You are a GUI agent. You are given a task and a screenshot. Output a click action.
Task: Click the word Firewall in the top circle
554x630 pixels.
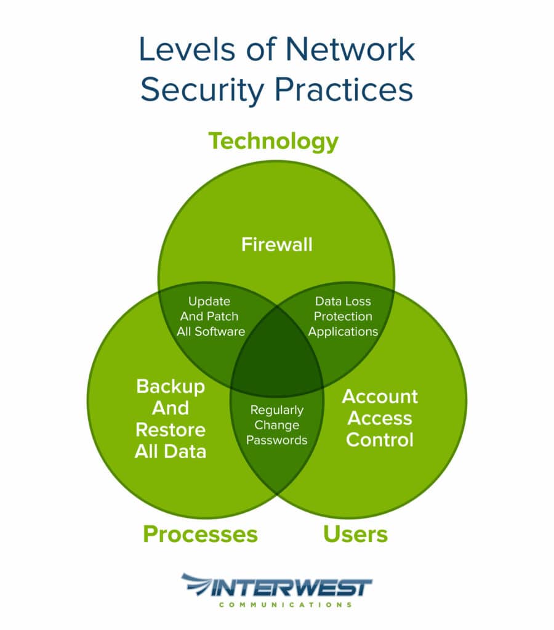[276, 244]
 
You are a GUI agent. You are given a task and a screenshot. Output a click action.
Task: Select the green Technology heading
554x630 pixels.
[273, 141]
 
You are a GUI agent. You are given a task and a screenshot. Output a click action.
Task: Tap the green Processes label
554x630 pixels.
[200, 533]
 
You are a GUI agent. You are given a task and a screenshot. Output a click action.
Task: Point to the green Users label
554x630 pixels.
[355, 533]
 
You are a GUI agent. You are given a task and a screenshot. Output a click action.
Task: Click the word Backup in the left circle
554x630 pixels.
[171, 387]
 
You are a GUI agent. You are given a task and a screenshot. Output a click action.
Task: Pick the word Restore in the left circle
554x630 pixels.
[171, 429]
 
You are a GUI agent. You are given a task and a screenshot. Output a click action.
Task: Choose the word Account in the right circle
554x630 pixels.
[380, 397]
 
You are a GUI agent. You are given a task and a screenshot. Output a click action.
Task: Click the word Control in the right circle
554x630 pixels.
[379, 440]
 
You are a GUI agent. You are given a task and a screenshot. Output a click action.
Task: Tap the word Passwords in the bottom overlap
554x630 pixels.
[277, 440]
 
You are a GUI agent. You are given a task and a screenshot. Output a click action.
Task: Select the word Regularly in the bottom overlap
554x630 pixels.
[277, 410]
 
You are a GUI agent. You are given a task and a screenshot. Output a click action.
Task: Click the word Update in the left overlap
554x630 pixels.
[209, 302]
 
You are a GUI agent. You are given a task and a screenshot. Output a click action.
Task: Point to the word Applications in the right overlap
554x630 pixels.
[343, 331]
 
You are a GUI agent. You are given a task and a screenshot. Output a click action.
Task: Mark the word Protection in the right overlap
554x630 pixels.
[343, 317]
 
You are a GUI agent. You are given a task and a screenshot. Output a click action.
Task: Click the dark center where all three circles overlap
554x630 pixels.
[276, 363]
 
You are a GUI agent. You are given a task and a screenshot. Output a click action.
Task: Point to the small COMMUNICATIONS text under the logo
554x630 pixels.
[285, 605]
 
